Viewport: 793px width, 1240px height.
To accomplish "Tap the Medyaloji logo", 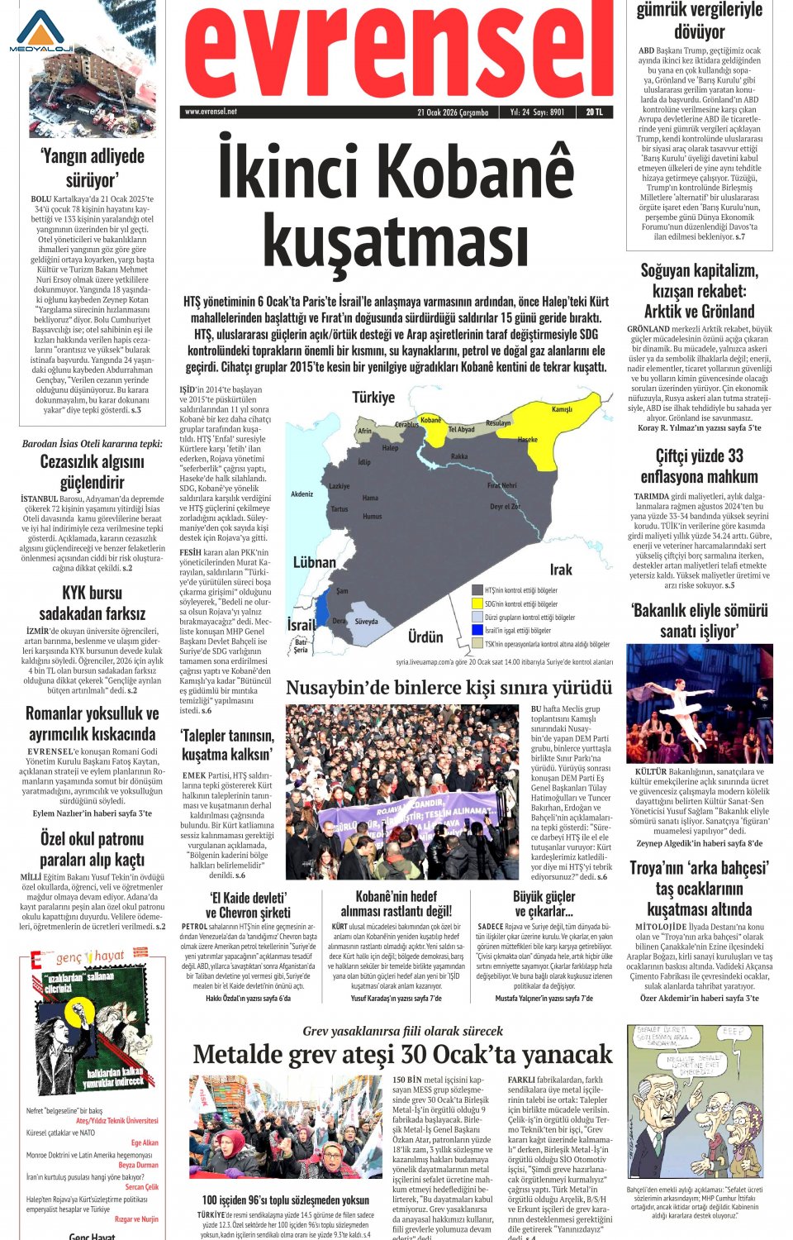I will pyautogui.click(x=40, y=33).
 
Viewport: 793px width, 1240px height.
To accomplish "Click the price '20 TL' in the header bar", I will pyautogui.click(x=594, y=112).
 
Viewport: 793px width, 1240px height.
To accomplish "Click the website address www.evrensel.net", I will pyautogui.click(x=211, y=112).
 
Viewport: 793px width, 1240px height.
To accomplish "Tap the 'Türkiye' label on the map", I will pyautogui.click(x=373, y=398).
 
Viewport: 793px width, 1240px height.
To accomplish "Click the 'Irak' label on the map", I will pyautogui.click(x=561, y=570).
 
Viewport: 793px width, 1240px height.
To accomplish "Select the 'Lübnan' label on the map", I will pyautogui.click(x=315, y=562).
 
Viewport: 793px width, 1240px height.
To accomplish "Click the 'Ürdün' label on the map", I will pyautogui.click(x=425, y=637).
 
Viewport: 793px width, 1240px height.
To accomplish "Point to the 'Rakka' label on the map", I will pyautogui.click(x=459, y=456).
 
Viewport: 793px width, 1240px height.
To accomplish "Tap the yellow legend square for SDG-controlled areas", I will pyautogui.click(x=477, y=603).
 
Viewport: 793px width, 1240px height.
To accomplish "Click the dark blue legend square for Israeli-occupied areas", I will pyautogui.click(x=477, y=630).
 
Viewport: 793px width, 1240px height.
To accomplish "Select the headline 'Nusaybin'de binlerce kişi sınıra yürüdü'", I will pyautogui.click(x=449, y=688).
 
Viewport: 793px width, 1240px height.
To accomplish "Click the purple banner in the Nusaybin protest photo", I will pyautogui.click(x=405, y=815).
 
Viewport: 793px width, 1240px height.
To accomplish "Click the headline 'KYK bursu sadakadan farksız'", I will pyautogui.click(x=92, y=603).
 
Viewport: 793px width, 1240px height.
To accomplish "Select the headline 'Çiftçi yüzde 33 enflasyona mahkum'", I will pyautogui.click(x=699, y=466).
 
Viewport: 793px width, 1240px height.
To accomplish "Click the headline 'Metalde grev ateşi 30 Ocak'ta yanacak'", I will pyautogui.click(x=402, y=1055).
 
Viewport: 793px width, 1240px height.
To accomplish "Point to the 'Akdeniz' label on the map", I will pyautogui.click(x=302, y=494).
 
